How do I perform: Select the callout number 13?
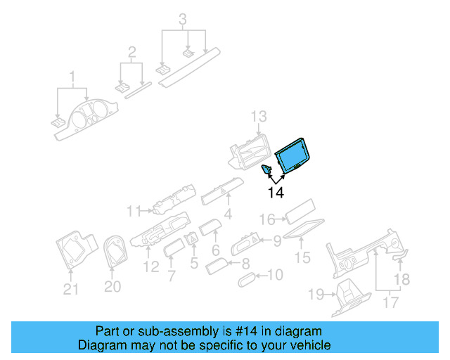tap(259, 116)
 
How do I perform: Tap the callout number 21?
tap(71, 288)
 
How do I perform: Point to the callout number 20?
tap(112, 287)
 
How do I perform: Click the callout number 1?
tap(71, 75)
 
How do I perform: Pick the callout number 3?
tap(183, 18)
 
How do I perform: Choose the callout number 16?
tap(267, 219)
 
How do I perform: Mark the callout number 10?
tap(276, 275)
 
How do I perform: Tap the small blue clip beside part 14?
tap(268, 168)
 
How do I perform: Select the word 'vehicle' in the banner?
tap(311, 346)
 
